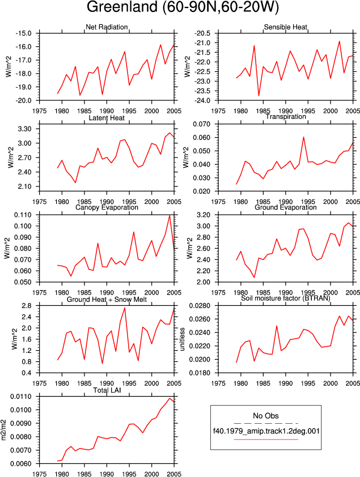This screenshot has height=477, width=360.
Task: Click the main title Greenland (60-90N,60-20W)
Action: pyautogui.click(x=183, y=7)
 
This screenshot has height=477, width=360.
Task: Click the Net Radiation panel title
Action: pyautogui.click(x=107, y=27)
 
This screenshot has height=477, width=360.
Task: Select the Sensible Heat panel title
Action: pyautogui.click(x=285, y=27)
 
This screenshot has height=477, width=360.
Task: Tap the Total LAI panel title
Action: pyautogui.click(x=107, y=390)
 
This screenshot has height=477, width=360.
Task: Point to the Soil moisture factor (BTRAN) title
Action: pyautogui.click(x=285, y=298)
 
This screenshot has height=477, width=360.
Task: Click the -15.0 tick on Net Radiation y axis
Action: pyautogui.click(x=24, y=33)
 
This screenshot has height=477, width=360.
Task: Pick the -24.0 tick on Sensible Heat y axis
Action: pyautogui.click(x=202, y=100)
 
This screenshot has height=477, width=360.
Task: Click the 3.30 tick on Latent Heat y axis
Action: pyautogui.click(x=25, y=129)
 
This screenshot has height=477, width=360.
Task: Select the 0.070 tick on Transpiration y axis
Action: pyautogui.click(x=202, y=124)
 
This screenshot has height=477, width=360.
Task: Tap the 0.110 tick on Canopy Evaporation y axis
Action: pyautogui.click(x=23, y=215)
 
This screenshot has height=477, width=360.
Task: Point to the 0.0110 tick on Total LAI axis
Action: pyautogui.click(x=21, y=397)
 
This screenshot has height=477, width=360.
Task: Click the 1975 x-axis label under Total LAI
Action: pyautogui.click(x=40, y=474)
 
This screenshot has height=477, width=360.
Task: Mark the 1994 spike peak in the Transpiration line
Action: pyautogui.click(x=303, y=137)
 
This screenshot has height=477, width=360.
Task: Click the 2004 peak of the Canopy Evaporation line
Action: pyautogui.click(x=170, y=215)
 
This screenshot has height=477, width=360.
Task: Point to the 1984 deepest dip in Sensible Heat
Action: pyautogui.click(x=259, y=96)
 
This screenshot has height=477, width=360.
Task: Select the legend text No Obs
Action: pyautogui.click(x=266, y=416)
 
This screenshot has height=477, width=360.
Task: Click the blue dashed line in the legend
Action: pyautogui.click(x=266, y=423)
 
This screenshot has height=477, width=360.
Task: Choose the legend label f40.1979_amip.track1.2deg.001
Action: pyautogui.click(x=266, y=431)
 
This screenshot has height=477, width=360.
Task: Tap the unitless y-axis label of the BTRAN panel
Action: pyautogui.click(x=183, y=339)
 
